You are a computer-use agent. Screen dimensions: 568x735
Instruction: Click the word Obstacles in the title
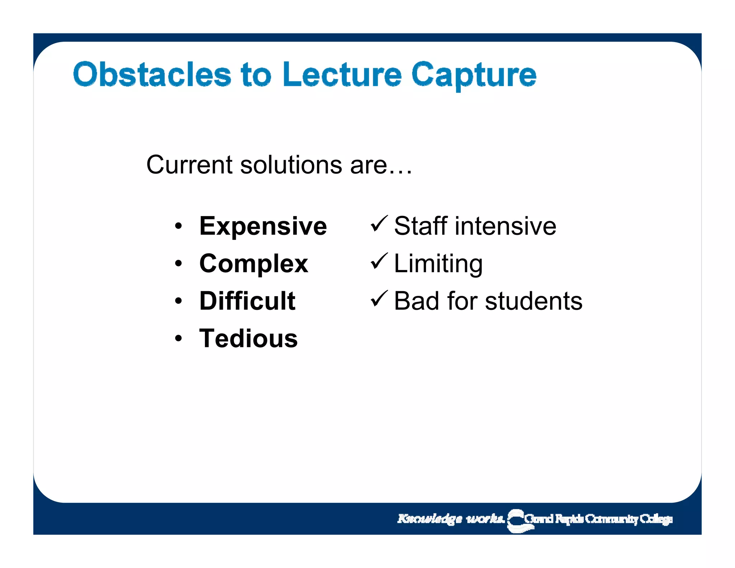[152, 74]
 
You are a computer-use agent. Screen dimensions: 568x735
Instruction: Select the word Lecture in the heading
[342, 74]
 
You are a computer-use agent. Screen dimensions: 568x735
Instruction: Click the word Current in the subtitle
[189, 165]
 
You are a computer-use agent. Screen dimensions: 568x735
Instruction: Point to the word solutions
[291, 165]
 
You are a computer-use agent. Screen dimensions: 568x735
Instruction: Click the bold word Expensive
[263, 226]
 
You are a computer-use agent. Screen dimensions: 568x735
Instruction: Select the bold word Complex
[254, 264]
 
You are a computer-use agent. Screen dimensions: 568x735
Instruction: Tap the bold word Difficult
[247, 301]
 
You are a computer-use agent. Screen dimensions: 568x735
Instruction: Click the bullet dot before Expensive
[178, 227]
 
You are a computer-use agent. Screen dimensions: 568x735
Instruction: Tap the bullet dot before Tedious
[178, 339]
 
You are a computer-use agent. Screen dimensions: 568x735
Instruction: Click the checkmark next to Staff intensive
[379, 224]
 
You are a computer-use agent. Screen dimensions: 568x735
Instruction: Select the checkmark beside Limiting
[379, 261]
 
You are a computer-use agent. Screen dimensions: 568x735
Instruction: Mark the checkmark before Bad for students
[379, 299]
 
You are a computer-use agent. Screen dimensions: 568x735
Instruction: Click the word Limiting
[438, 264]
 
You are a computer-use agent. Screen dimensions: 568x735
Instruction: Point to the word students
[534, 301]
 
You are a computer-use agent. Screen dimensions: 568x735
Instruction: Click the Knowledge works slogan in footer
[451, 519]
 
